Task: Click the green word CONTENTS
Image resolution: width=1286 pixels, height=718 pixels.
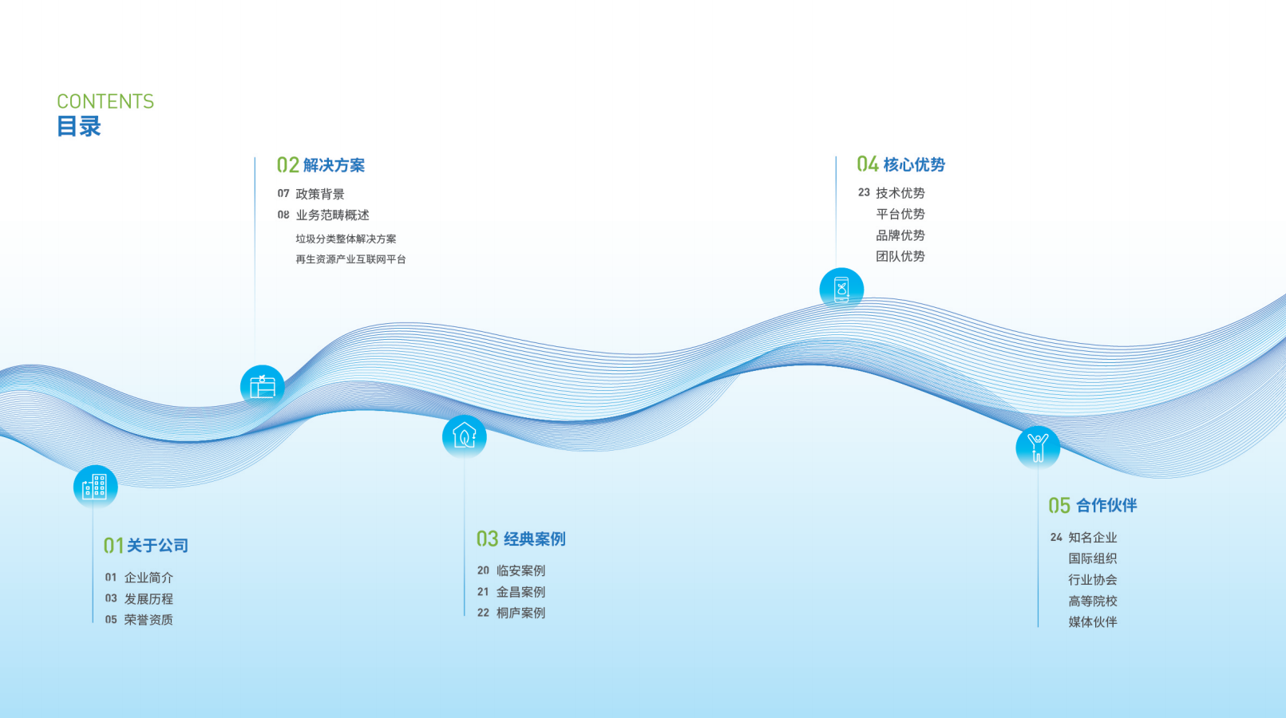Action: (x=105, y=102)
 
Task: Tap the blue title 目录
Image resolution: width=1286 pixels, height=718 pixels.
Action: (x=79, y=127)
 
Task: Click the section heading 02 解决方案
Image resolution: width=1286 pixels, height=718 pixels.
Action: (x=321, y=165)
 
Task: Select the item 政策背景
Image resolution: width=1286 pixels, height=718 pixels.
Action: (x=320, y=194)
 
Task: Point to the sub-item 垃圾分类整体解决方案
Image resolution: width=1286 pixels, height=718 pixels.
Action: (x=346, y=239)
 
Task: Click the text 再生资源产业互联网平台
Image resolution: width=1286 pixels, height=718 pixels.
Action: (x=350, y=259)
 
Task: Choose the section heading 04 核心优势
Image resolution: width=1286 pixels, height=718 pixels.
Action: (x=901, y=164)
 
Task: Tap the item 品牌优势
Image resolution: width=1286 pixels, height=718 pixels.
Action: (x=900, y=235)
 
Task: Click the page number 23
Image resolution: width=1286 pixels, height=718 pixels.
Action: (x=864, y=192)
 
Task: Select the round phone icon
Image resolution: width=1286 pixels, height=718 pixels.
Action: (x=841, y=289)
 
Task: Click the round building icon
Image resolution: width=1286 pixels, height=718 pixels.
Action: (x=95, y=487)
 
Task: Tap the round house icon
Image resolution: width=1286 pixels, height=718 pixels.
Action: (x=464, y=436)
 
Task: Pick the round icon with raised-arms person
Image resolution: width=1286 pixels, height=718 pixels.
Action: (x=1038, y=447)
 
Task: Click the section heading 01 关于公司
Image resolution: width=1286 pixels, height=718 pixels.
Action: (x=146, y=546)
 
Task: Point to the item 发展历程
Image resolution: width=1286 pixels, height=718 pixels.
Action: (x=148, y=599)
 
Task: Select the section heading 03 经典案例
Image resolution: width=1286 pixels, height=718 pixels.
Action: (x=521, y=539)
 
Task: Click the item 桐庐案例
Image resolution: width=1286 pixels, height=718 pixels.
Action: (x=520, y=613)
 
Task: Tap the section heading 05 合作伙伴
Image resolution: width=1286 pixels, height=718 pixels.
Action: (x=1093, y=506)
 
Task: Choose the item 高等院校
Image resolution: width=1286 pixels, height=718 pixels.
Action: (x=1093, y=601)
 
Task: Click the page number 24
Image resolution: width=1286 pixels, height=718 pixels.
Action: (x=1056, y=538)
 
